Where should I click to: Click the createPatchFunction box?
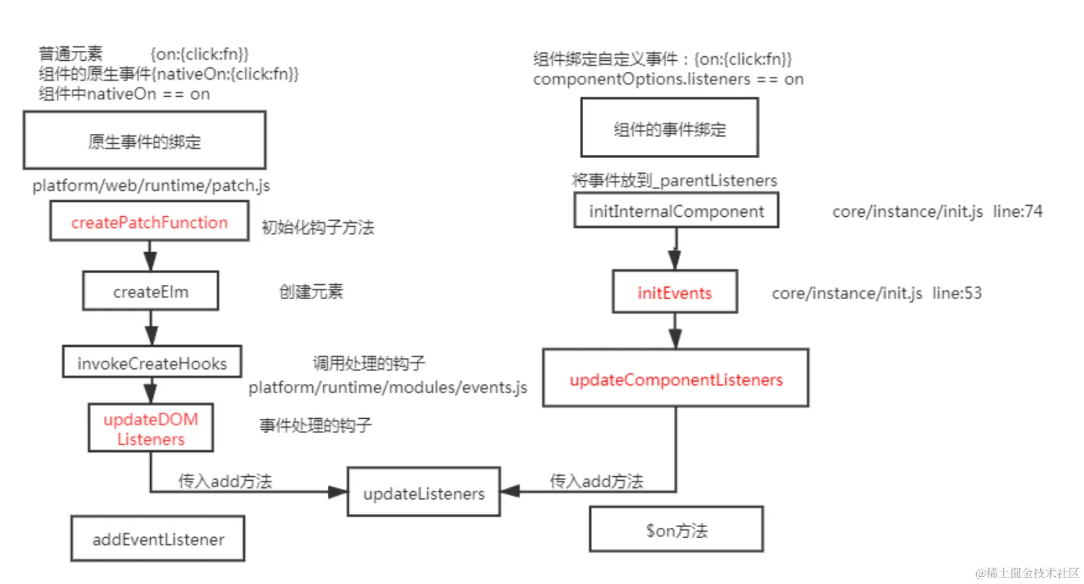[149, 221]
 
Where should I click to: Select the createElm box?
[150, 291]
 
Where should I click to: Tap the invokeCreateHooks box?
[151, 363]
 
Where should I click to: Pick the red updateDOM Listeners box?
[151, 429]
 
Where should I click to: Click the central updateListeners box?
[423, 493]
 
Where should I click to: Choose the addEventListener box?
[158, 539]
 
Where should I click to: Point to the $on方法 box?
[676, 530]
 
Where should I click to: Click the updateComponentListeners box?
[675, 379]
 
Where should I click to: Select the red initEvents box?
[675, 293]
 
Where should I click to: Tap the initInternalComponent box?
[676, 211]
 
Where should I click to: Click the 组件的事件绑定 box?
[669, 129]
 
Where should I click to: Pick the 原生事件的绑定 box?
[144, 141]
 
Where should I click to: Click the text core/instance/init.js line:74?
[937, 212]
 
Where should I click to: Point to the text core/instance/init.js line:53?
[876, 293]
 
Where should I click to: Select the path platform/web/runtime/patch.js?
[151, 186]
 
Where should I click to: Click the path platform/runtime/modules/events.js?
[387, 387]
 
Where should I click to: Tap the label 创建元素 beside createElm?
[311, 291]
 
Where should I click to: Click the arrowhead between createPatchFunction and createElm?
[150, 261]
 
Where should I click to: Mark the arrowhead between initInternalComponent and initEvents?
[675, 260]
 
